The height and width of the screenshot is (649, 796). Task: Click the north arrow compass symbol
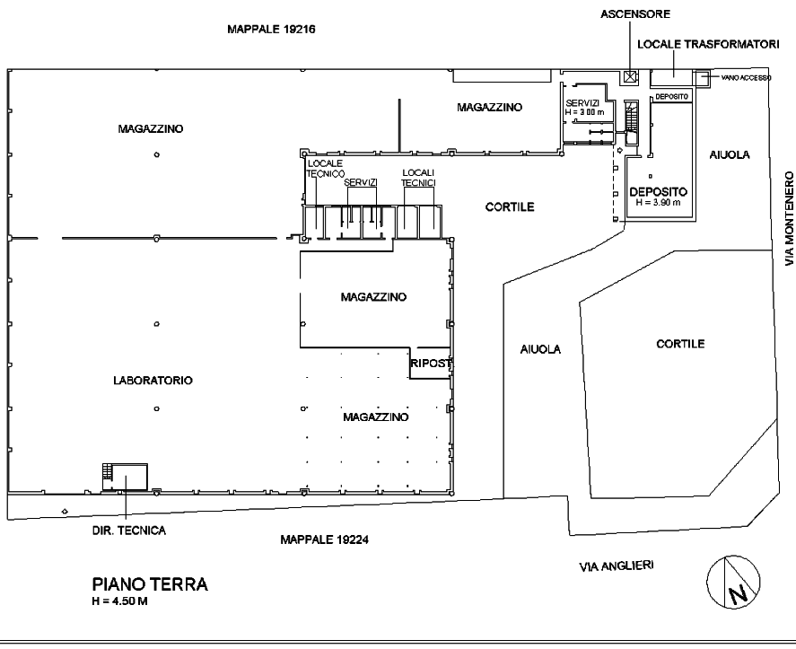[733, 582]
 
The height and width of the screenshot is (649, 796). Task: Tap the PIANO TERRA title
[150, 584]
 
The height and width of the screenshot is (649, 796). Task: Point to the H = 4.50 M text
[120, 601]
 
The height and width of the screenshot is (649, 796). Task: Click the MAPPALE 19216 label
[271, 29]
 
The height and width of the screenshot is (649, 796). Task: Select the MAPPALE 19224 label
[324, 539]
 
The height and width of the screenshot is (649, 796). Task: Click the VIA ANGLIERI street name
[617, 566]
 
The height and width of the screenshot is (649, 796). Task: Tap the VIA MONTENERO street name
[789, 218]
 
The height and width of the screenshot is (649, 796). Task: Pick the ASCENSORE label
[635, 14]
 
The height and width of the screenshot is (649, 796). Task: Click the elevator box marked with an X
[630, 76]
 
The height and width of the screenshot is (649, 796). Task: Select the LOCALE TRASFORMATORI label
[708, 44]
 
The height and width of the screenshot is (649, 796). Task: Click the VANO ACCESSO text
[746, 78]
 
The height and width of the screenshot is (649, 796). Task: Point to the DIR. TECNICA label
[129, 531]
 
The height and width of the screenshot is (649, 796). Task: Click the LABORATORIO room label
[153, 381]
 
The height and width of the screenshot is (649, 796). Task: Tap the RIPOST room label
[431, 364]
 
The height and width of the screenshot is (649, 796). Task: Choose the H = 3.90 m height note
[658, 203]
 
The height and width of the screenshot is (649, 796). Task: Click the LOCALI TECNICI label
[418, 178]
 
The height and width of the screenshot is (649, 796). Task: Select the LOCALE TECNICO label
[326, 169]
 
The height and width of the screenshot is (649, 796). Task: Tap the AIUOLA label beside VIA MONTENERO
[730, 155]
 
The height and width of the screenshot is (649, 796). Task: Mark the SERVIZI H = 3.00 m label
[584, 108]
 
